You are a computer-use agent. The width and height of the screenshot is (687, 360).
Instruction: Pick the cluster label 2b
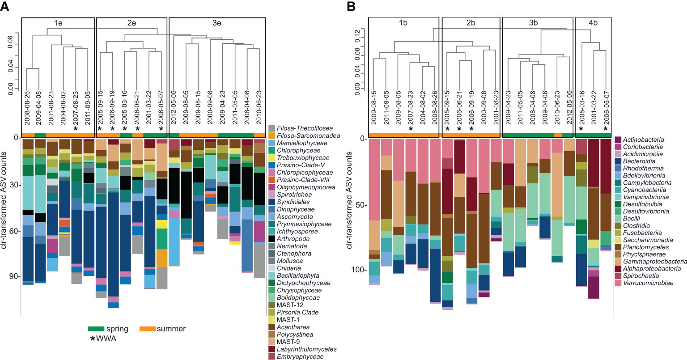tap(471, 23)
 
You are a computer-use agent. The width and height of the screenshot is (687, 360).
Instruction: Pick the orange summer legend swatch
tap(148, 329)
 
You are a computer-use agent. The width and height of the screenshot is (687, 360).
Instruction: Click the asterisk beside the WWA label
tap(93, 339)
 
